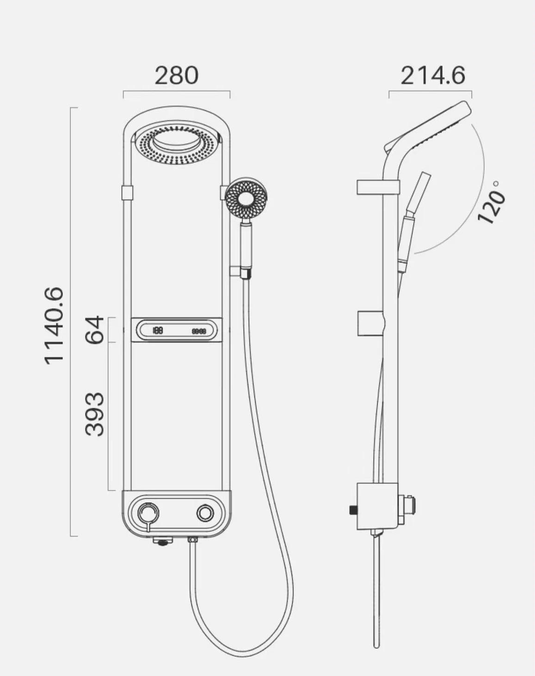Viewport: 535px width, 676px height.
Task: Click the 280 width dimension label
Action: tap(177, 76)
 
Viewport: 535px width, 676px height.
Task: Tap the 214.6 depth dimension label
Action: tap(433, 76)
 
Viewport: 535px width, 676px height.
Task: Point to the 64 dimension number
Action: tap(94, 329)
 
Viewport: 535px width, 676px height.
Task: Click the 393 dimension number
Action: tap(94, 414)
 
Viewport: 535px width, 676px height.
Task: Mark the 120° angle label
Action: tap(491, 202)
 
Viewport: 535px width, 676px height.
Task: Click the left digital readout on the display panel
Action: tap(158, 330)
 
